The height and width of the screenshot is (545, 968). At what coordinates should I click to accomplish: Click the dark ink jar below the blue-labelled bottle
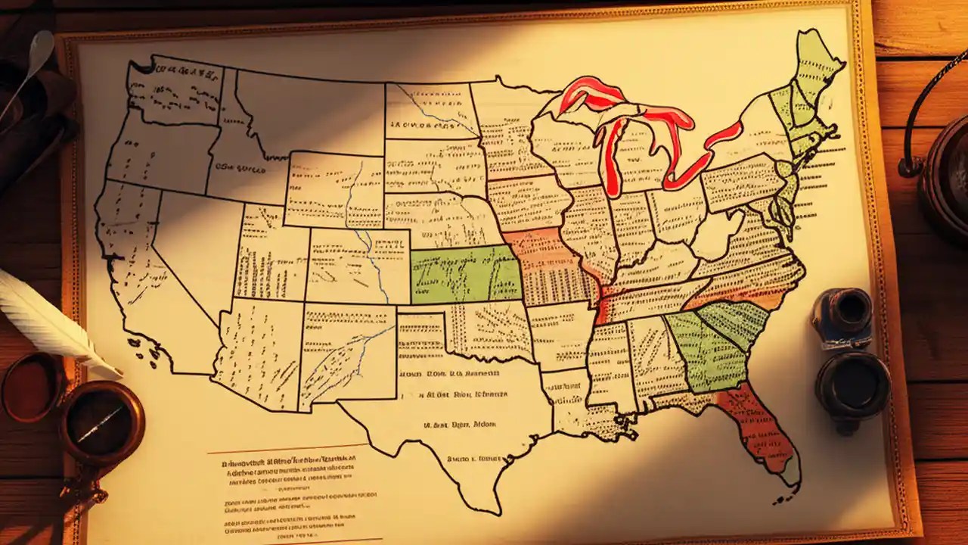tap(852, 382)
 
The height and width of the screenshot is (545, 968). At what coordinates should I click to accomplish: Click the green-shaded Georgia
tap(707, 348)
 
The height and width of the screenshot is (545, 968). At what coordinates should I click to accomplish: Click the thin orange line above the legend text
tap(276, 447)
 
